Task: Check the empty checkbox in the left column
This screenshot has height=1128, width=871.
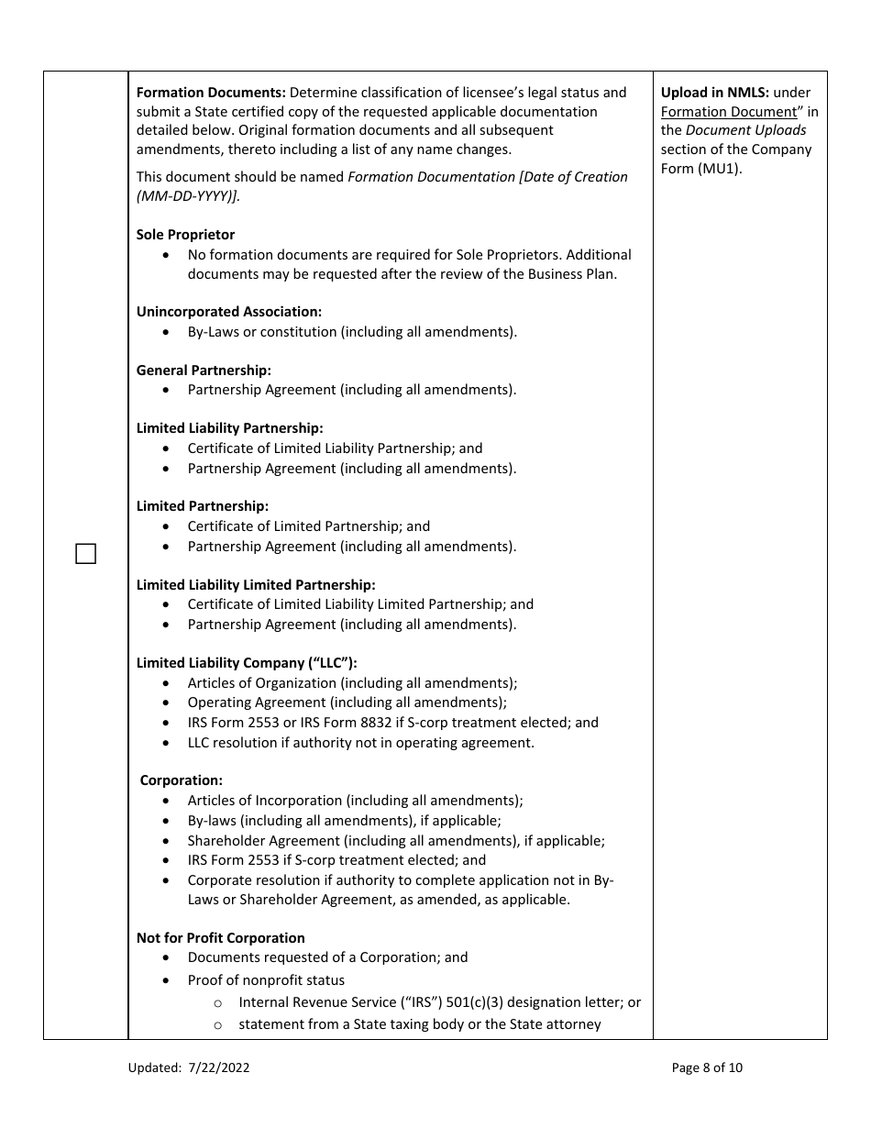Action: pyautogui.click(x=85, y=554)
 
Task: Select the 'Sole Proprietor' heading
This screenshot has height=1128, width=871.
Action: pyautogui.click(x=185, y=235)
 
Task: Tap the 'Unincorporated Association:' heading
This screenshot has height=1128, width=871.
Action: pyautogui.click(x=228, y=312)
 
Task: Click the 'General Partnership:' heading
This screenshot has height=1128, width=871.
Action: pyautogui.click(x=204, y=370)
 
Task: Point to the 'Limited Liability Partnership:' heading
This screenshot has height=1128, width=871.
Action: pyautogui.click(x=229, y=428)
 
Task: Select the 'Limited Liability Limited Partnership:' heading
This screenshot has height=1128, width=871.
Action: pyautogui.click(x=256, y=585)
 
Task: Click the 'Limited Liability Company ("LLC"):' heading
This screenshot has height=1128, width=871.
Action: pyautogui.click(x=247, y=663)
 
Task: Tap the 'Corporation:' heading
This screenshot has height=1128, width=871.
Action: pyautogui.click(x=182, y=780)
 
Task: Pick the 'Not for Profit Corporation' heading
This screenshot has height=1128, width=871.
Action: pyautogui.click(x=220, y=938)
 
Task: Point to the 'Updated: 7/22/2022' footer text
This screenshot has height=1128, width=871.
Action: pyautogui.click(x=189, y=1067)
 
